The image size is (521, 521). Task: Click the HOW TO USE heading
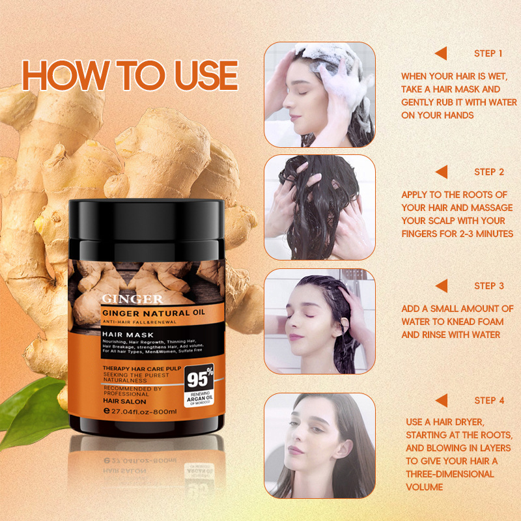pos(130,76)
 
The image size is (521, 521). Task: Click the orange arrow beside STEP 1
pos(441,53)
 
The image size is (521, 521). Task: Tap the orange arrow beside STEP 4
pos(441,400)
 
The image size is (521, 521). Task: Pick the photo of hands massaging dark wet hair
pos(319,207)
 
